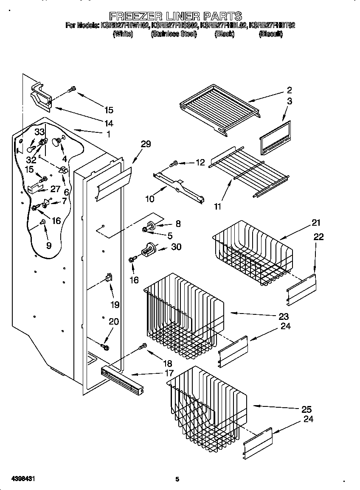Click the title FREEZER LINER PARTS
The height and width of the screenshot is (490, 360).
pos(176,17)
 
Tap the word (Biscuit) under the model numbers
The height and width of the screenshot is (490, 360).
pos(270,34)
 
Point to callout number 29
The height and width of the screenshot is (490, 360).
pos(146,144)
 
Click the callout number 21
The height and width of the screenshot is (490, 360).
pos(316,222)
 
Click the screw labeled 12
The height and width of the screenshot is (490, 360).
pos(174,163)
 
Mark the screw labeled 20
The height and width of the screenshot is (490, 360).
pos(105,347)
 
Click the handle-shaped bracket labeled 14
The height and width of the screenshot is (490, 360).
pos(40,96)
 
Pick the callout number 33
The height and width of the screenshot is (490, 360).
pos(39,132)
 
